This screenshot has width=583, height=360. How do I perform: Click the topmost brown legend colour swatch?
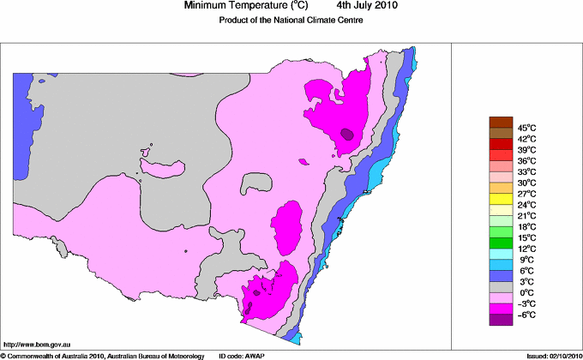tap(501, 122)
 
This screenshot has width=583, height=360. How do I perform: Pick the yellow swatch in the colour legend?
tap(501, 198)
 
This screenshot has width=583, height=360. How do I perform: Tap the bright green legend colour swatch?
tap(501, 231)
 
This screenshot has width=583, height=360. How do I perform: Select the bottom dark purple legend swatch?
tap(501, 319)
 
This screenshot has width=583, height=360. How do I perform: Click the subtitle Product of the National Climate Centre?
tap(291, 21)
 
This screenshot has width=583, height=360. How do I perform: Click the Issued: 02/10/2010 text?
tap(550, 355)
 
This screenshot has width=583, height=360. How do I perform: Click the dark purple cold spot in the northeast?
tap(346, 134)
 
